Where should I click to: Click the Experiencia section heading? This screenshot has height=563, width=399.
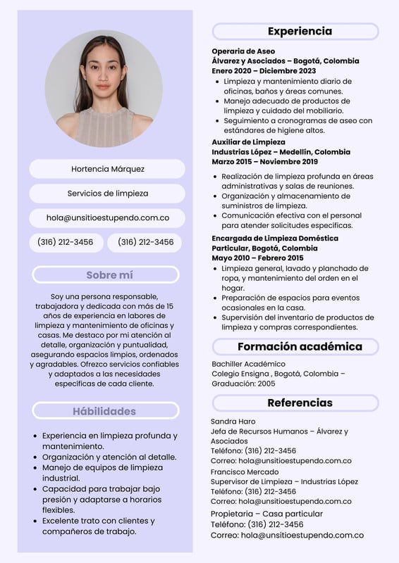click(x=299, y=32)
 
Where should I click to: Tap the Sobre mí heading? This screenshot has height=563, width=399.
click(x=109, y=275)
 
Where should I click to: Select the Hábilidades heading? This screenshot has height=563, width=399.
click(x=104, y=411)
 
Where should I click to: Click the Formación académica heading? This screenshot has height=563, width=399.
click(x=299, y=346)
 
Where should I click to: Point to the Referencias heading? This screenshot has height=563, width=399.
click(x=299, y=403)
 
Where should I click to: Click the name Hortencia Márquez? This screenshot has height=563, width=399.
click(x=108, y=169)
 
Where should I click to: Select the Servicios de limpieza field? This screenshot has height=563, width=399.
click(x=108, y=194)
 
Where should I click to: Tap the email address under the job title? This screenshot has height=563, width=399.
click(x=108, y=218)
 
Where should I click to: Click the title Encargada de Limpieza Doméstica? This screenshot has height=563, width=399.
click(x=275, y=239)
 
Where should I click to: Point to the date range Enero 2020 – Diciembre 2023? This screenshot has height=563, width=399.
click(x=264, y=71)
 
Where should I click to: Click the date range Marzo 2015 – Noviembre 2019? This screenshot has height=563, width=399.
click(x=264, y=162)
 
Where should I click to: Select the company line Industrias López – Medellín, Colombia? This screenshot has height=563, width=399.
click(x=281, y=152)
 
